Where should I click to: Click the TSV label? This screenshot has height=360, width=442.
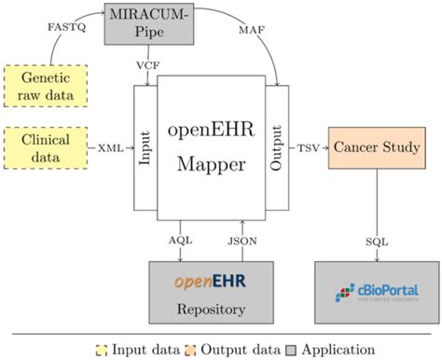coord(306,148)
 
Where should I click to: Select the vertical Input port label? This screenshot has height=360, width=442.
coord(145,148)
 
